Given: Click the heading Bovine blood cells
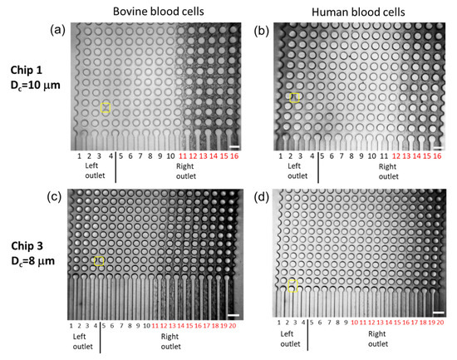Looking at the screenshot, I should click(155, 11).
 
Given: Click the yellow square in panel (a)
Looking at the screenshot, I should click(106, 107).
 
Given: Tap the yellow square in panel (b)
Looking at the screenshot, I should click(295, 97).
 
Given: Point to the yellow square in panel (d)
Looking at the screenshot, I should click(292, 286).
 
